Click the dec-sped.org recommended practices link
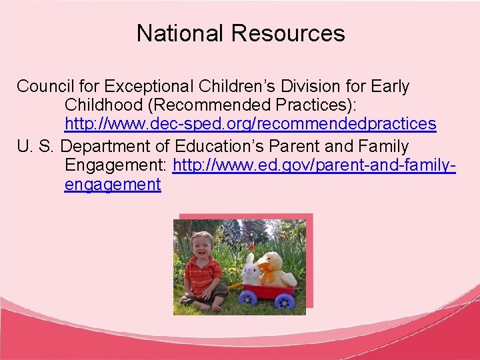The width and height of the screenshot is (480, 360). coord(250,124)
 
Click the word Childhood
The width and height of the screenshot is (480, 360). coord(104,105)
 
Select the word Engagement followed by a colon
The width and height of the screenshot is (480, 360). coord(116,165)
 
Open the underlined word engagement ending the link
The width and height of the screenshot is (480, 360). coord(113,184)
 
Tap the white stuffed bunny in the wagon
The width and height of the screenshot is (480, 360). coord(251,271)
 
